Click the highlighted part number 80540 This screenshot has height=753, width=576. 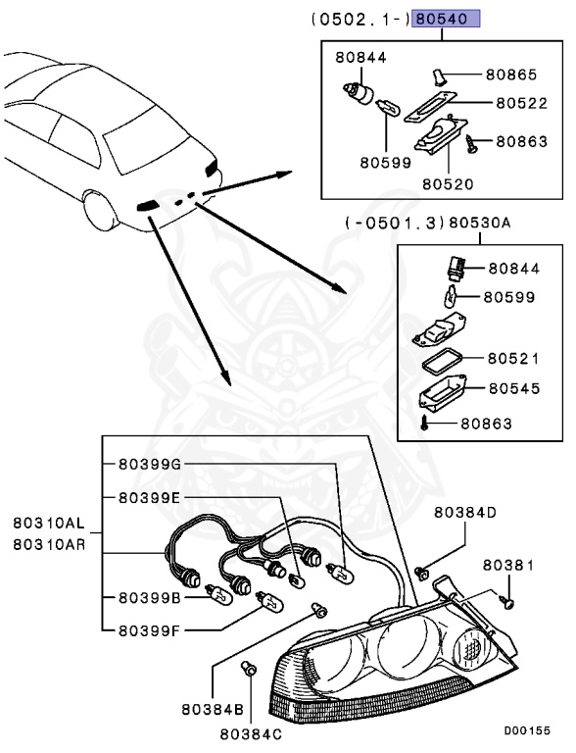click(446, 19)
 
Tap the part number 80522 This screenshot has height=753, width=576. click(519, 101)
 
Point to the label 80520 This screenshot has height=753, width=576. click(448, 182)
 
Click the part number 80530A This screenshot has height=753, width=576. click(480, 224)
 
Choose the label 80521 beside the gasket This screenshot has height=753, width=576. click(513, 359)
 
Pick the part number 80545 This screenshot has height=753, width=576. click(513, 388)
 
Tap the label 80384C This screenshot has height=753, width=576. click(251, 731)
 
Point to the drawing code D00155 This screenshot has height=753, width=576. click(527, 730)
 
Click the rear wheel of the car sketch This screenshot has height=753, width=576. click(101, 210)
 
